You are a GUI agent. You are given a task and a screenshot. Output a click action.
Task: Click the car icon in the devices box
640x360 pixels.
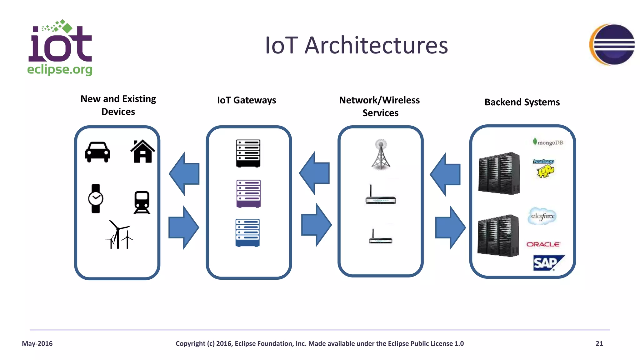coord(97,152)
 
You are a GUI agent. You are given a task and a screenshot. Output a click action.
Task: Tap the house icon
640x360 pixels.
coord(142,152)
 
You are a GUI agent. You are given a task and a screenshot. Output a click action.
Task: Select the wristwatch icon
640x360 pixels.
coord(96,198)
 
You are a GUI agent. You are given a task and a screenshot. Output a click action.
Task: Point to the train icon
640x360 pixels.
coord(142,202)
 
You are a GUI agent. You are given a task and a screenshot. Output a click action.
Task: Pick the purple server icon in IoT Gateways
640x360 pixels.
coord(248,194)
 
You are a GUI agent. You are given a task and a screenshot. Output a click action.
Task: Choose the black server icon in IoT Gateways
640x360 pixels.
coord(248,153)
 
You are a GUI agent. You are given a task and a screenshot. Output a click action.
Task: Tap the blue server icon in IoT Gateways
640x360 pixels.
coord(247,233)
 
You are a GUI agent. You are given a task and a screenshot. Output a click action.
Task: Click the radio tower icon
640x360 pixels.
coord(381,154)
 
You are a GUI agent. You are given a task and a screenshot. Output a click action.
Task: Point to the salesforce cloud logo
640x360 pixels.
coord(542,216)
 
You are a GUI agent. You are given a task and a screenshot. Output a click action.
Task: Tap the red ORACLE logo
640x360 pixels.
coord(543,244)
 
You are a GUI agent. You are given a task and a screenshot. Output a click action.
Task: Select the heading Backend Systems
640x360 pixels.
coord(522,102)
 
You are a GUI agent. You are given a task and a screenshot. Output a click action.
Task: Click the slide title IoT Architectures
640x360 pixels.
coord(356,45)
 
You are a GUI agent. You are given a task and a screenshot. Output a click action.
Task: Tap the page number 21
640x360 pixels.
coord(599,343)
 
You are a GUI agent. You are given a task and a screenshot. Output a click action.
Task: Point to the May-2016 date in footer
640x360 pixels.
coord(37,343)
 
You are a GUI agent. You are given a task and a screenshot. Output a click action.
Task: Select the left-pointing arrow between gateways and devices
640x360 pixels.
coord(185,174)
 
